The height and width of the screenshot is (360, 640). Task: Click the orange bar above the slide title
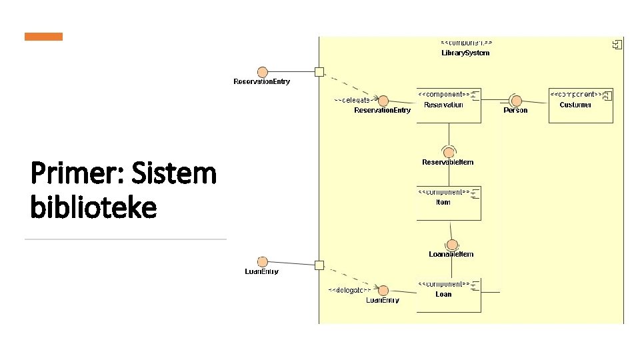tap(43, 37)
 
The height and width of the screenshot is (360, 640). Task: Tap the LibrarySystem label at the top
tap(465, 53)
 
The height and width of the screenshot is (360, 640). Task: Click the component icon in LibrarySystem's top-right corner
tap(617, 45)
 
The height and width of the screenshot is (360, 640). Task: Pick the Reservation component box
tap(449, 105)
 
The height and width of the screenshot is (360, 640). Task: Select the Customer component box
tap(580, 105)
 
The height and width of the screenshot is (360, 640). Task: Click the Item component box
tap(449, 203)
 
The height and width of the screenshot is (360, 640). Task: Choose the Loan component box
tap(449, 295)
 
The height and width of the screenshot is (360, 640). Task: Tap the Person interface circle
tap(515, 100)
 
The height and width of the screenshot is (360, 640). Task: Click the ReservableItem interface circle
tap(449, 151)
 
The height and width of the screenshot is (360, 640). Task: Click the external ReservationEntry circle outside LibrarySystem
tap(262, 72)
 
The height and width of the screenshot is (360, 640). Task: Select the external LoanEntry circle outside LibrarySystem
tap(262, 262)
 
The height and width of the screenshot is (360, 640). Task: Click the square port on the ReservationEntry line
tap(319, 72)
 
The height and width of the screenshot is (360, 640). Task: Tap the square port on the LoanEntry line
tap(319, 265)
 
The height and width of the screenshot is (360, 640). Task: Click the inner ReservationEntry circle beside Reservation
tap(383, 100)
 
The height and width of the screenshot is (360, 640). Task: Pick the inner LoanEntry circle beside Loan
tap(383, 291)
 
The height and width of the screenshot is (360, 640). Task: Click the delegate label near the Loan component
tap(349, 290)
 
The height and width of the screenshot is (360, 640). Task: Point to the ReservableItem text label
tap(448, 162)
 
